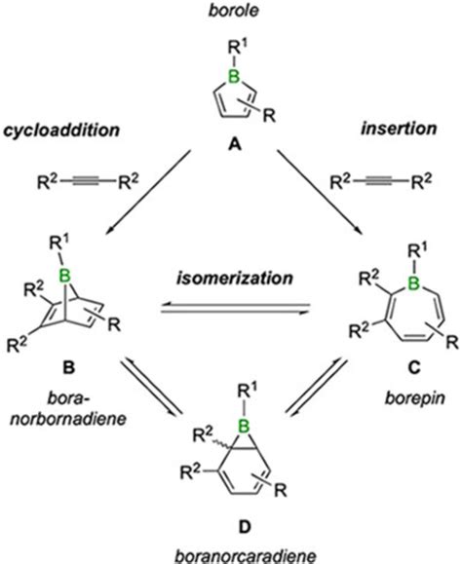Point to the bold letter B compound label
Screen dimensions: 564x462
point(58,371)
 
